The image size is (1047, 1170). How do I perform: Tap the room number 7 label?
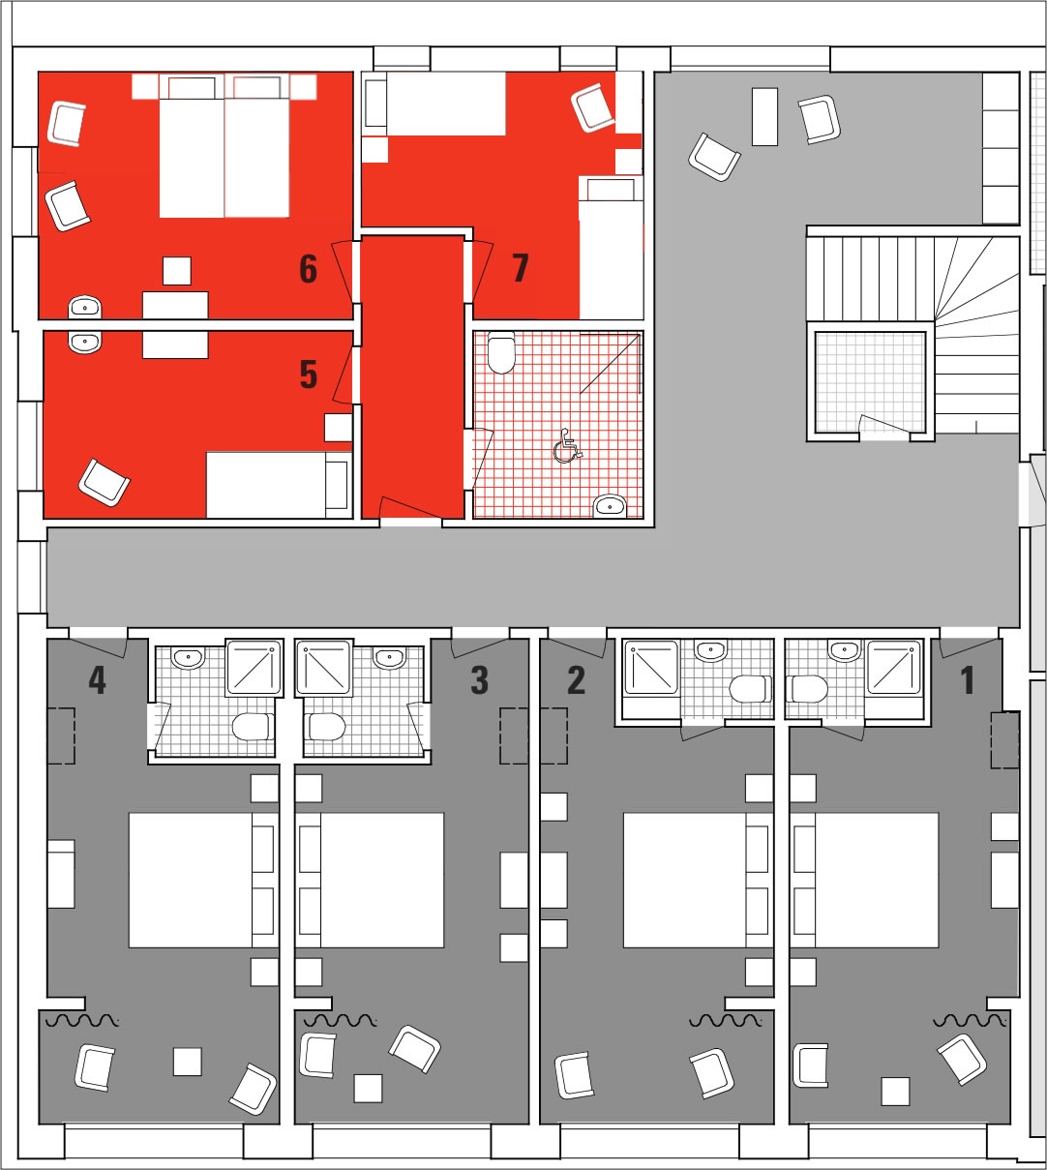[x=521, y=267]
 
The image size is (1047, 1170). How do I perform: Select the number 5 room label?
[x=309, y=375]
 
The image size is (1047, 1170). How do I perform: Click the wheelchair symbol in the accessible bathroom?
[x=567, y=446]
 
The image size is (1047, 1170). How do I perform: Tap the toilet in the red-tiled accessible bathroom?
[x=501, y=352]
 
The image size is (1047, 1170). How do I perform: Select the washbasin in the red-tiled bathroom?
[x=610, y=506]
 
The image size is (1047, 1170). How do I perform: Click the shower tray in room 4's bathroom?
[x=254, y=667]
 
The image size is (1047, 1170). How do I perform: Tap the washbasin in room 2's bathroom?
[x=711, y=651]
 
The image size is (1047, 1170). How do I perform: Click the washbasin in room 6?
[x=85, y=307]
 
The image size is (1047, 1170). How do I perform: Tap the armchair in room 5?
[x=104, y=483]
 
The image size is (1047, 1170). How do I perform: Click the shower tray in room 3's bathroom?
[x=324, y=667]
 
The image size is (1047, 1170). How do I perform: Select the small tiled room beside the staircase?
[x=870, y=382]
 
